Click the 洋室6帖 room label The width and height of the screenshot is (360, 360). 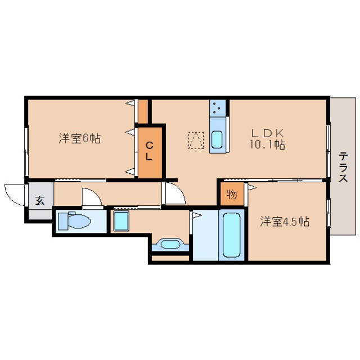79,138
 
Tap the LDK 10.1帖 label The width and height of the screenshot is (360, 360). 268,139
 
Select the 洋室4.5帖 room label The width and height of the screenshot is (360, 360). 285,222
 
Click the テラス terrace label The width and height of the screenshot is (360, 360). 343,167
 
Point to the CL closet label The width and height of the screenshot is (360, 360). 149,151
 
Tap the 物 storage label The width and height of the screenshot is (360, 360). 231,195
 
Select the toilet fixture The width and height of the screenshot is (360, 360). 74,221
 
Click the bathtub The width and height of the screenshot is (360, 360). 231,235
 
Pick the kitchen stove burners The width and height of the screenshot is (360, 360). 217,108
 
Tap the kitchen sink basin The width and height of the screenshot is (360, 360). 217,139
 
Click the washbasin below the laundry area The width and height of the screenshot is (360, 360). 170,244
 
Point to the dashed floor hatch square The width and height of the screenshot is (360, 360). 196,140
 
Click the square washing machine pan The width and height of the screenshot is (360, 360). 121,221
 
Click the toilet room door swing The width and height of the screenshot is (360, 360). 92,196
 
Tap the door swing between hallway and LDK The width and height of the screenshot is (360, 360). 175,192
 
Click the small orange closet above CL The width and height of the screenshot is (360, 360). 143,111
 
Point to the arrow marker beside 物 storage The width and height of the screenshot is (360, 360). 252,187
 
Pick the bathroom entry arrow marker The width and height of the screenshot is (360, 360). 197,215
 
